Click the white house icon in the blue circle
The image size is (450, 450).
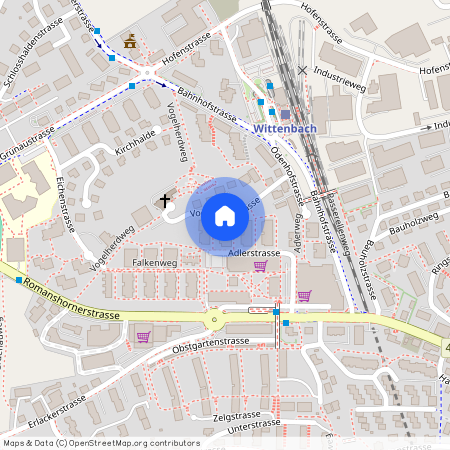pos(225,216)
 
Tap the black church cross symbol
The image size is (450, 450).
pos(164,201)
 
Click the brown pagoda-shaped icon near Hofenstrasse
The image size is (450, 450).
pos(129,41)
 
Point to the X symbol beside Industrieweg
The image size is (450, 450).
pos(302,71)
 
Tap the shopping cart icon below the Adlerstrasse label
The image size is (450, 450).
pos(260,266)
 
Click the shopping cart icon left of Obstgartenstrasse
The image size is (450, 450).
pos(143,336)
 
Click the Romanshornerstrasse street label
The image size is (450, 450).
pos(71,300)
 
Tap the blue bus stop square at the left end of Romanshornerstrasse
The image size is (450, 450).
pos(19,279)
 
